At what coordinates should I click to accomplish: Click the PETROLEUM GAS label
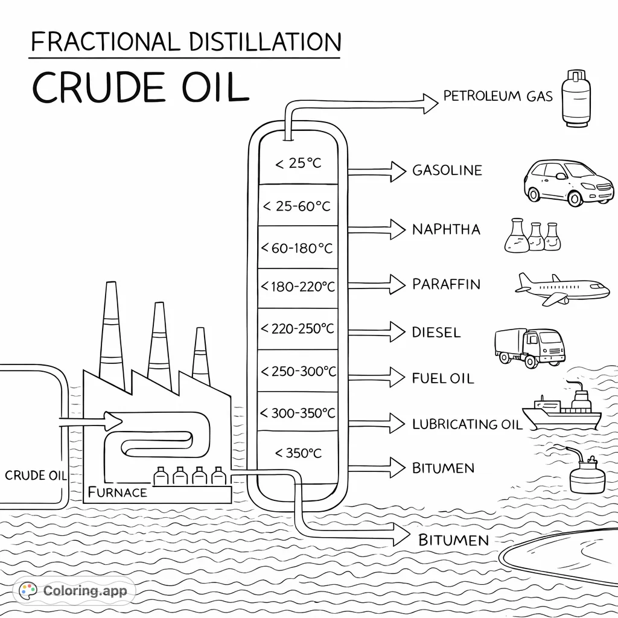tap(498, 96)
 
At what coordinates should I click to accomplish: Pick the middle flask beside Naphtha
tap(536, 237)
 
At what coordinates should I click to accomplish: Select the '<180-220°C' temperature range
tap(297, 287)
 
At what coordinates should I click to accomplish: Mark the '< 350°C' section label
tap(298, 453)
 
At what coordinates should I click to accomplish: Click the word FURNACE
tap(117, 492)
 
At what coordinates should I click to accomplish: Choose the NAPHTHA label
tap(446, 229)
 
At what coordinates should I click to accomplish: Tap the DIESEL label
tap(436, 332)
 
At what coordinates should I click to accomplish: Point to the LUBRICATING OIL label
tap(467, 424)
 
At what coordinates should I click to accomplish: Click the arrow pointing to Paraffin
tap(378, 283)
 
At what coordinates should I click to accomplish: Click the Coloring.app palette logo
tap(28, 590)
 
